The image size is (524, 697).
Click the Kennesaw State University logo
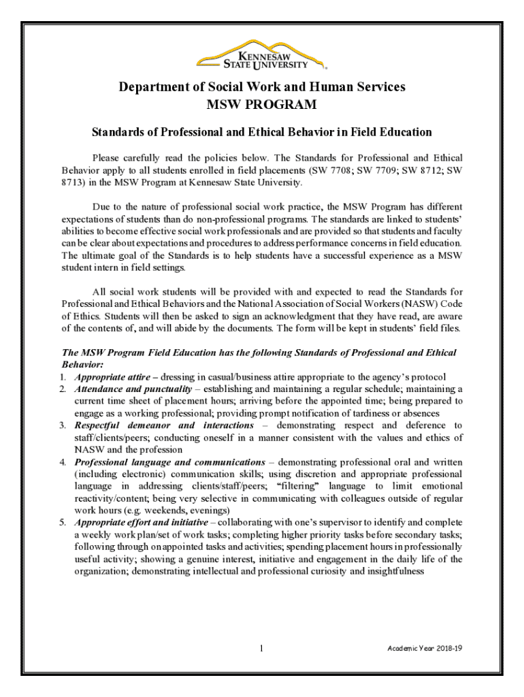[x=261, y=56]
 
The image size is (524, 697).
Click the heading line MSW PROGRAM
[x=261, y=105]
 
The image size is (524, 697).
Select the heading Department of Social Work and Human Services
[x=262, y=87]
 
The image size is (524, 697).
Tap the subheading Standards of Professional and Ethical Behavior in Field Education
[x=262, y=131]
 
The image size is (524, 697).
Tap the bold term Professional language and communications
[x=169, y=462]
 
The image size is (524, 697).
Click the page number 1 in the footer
[x=261, y=649]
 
